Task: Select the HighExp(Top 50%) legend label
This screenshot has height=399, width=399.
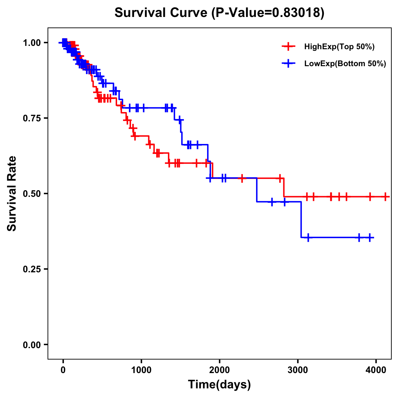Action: (339, 47)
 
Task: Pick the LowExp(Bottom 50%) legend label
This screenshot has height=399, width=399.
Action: (345, 64)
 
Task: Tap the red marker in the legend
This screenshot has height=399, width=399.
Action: (288, 47)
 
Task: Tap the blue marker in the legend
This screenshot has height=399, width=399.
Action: (288, 64)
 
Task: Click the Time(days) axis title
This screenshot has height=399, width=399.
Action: (219, 385)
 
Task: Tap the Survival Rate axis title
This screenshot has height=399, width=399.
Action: (12, 193)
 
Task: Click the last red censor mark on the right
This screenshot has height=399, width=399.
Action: (385, 197)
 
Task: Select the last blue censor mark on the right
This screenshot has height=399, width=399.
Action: (370, 237)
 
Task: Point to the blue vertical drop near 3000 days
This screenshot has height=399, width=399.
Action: (301, 219)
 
